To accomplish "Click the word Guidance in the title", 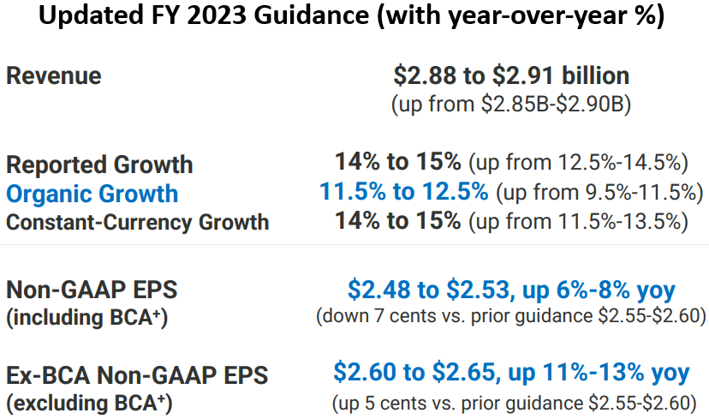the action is click(311, 15).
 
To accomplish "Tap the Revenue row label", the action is click(54, 75).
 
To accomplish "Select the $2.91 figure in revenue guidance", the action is click(522, 75).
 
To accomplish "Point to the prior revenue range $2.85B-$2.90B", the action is click(555, 104).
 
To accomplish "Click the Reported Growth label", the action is click(99, 165).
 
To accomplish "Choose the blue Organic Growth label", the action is click(92, 195).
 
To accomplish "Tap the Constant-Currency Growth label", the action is click(138, 222).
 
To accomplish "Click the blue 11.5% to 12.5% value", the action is click(404, 191).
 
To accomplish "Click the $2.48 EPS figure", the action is click(380, 290).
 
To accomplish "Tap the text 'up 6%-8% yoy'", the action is click(599, 290).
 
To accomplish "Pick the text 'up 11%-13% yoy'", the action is click(599, 373).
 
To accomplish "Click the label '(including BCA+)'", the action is click(86, 318).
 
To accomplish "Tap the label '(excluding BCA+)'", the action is click(89, 404).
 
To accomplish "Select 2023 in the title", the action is click(217, 15).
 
